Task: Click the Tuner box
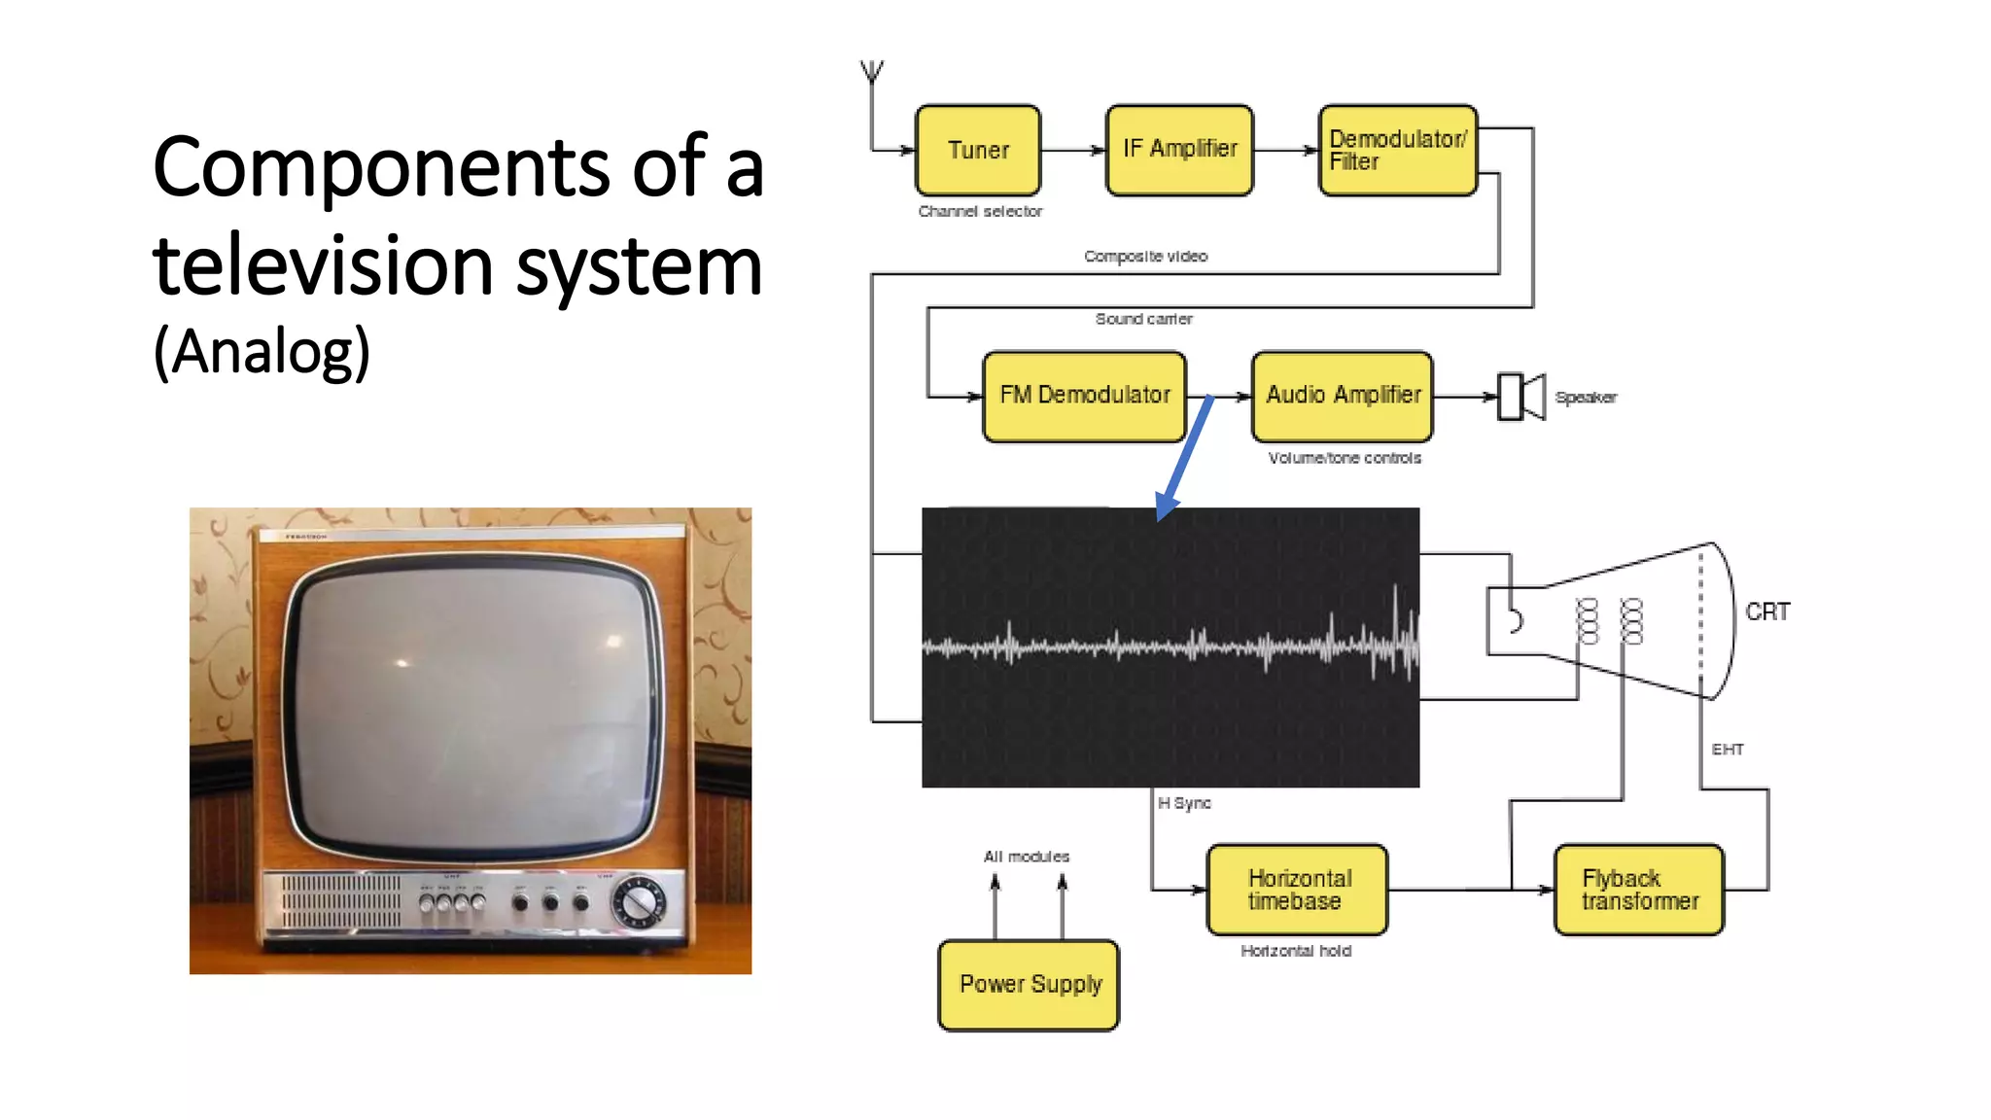(x=978, y=151)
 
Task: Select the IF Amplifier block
(x=1179, y=151)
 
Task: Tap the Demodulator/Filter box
(x=1397, y=151)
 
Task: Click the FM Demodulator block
(x=1084, y=397)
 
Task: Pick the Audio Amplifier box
(x=1343, y=397)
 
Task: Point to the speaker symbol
(x=1519, y=397)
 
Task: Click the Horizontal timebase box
(x=1297, y=890)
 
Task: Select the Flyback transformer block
(x=1639, y=890)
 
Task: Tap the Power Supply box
(x=1029, y=985)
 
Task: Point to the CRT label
(x=1766, y=612)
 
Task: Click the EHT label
(x=1728, y=750)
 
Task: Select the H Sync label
(x=1184, y=803)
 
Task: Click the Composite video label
(x=1145, y=257)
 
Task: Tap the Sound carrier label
(x=1143, y=319)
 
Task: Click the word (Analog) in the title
(x=262, y=351)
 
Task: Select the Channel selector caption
(x=980, y=212)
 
